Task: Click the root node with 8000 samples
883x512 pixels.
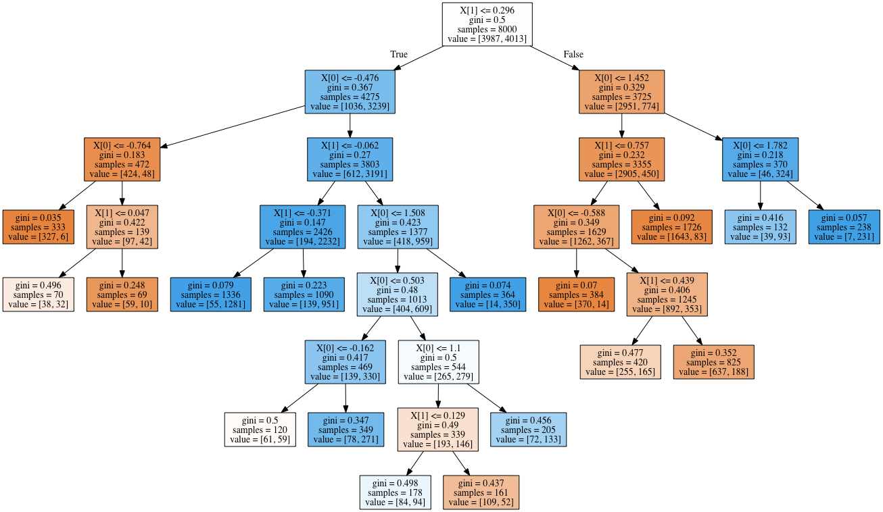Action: click(x=487, y=24)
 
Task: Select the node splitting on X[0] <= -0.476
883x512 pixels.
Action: click(x=350, y=92)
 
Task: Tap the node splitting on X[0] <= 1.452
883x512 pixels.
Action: click(x=621, y=92)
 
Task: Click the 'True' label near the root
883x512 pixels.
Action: click(x=399, y=54)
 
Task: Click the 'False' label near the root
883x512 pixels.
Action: click(x=573, y=54)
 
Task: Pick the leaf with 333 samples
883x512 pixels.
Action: click(x=37, y=226)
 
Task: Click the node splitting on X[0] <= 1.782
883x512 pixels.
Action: click(x=760, y=159)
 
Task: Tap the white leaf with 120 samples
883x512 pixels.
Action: click(x=260, y=430)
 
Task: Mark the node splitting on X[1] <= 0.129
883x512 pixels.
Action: click(x=437, y=430)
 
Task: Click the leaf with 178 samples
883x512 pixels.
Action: click(x=395, y=492)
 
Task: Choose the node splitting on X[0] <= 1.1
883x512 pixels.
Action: click(x=438, y=362)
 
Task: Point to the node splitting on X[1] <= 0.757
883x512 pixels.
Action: click(x=621, y=159)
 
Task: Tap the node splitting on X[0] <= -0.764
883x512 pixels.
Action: click(x=122, y=159)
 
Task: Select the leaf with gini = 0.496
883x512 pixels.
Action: click(x=38, y=294)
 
